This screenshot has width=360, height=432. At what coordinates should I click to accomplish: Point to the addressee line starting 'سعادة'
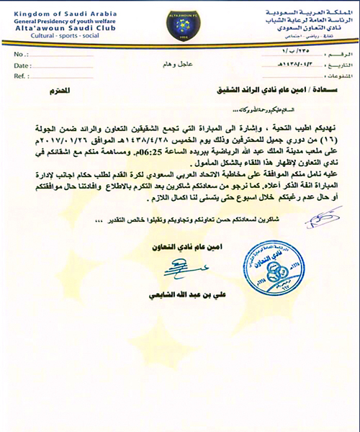click(259, 92)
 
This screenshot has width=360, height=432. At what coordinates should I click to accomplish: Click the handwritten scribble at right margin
click(327, 214)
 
